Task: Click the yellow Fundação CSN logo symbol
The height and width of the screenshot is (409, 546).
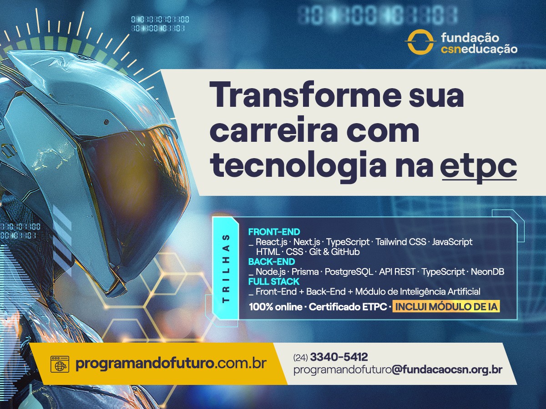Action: tap(420, 42)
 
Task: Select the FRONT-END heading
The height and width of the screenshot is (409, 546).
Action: tap(274, 232)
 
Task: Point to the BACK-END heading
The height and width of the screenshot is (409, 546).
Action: tap(271, 262)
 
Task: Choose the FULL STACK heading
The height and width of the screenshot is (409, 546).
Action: tap(273, 282)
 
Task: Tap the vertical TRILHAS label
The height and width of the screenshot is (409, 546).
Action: tap(226, 268)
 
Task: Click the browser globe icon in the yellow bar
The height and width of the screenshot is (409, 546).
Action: tap(60, 364)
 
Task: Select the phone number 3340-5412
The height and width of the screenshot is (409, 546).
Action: tap(339, 357)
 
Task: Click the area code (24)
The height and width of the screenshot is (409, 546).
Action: tap(300, 358)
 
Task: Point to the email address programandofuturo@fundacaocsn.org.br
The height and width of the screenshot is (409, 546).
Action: tap(398, 369)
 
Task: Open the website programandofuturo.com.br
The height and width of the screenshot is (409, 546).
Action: tap(171, 364)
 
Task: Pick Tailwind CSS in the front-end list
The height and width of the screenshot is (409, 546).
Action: tap(401, 242)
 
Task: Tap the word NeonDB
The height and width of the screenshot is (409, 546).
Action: tap(487, 272)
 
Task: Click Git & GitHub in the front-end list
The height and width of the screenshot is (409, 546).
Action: tap(334, 252)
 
